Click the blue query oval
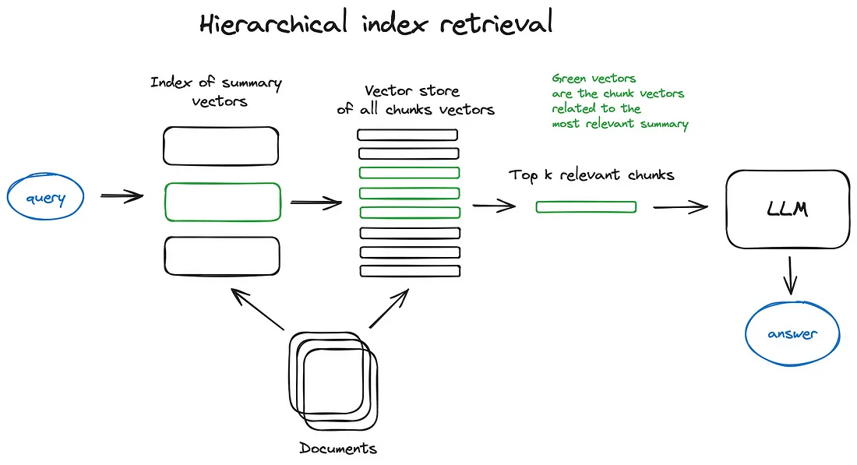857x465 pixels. pos(46,197)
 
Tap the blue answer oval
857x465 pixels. pos(792,334)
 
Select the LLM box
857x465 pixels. pos(787,210)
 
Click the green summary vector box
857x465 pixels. pos(222,202)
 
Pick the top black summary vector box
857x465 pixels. pos(220,146)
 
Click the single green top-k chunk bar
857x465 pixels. pos(586,206)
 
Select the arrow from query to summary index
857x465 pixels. pos(122,196)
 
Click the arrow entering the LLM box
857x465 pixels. pos(679,207)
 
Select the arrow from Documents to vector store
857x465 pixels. pos(388,308)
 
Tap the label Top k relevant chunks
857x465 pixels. pos(591,174)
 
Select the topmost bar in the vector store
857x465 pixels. pos(407,135)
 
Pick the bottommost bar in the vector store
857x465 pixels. pos(409,270)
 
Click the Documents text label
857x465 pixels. pos(338,448)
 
